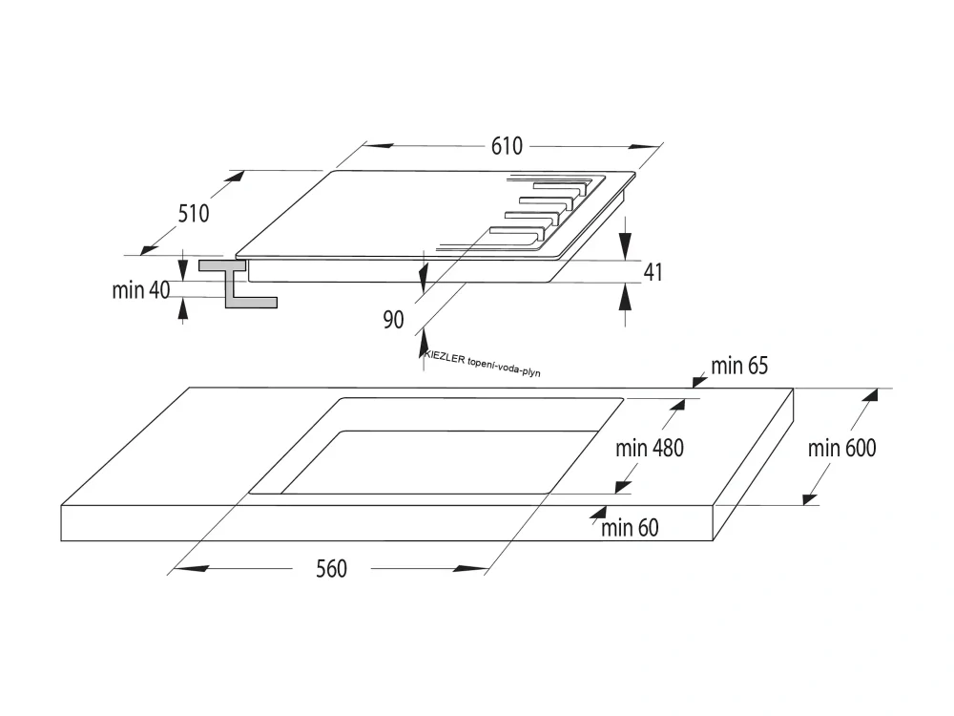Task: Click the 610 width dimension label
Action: coord(508,146)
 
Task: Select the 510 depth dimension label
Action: coord(193,213)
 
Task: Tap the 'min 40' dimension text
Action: coord(140,290)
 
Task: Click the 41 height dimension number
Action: coord(653,273)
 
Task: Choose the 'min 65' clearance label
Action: coord(739,365)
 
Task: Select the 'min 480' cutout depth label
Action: coord(649,448)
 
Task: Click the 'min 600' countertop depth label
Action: coord(841,447)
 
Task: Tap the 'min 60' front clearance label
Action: coord(630,527)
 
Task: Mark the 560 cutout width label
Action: coord(331,569)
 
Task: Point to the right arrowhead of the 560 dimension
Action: coord(471,569)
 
